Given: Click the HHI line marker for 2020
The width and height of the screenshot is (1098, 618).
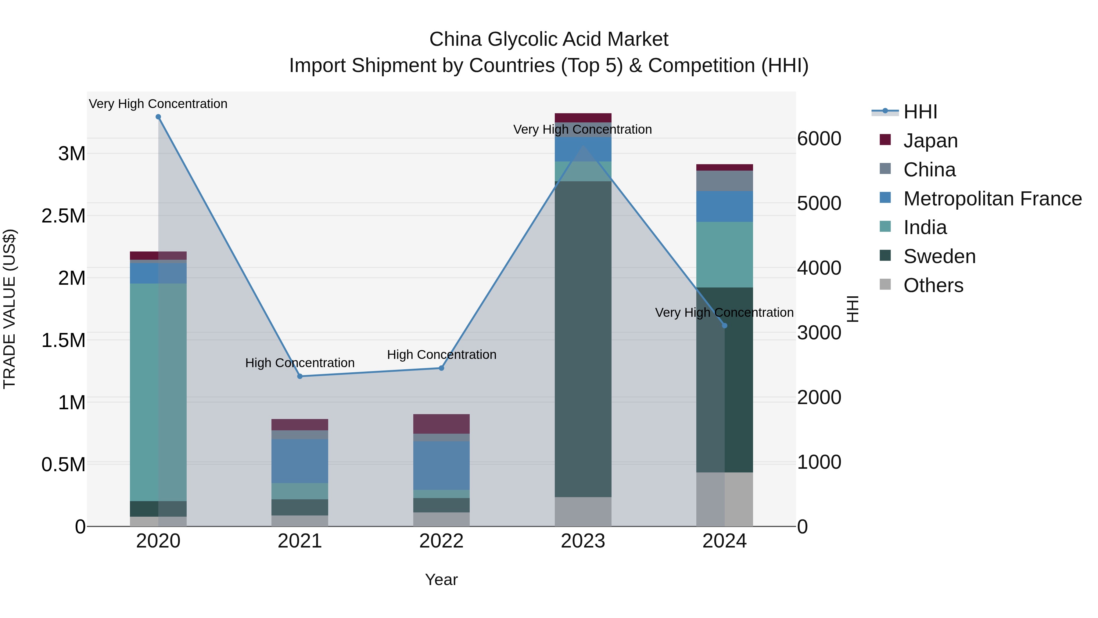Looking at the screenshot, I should (158, 117).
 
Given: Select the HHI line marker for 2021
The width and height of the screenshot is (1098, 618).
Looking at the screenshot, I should (300, 376).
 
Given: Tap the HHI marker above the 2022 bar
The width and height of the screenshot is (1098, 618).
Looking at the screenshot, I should (442, 368).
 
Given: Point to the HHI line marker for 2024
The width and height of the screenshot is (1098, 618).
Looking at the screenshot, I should (725, 325).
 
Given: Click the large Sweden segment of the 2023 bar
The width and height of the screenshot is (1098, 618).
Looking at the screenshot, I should (583, 339).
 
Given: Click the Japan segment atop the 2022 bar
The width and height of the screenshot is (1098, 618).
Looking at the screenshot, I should (442, 424).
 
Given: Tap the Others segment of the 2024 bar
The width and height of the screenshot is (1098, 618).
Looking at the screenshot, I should (725, 499).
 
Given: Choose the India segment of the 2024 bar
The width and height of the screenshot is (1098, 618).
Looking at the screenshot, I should (725, 255).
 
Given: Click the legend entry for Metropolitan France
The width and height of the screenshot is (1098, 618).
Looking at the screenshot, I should (992, 199).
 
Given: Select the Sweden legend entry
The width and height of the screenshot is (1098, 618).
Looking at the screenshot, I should (939, 256).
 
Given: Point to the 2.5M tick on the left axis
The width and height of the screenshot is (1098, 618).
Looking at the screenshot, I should (63, 216).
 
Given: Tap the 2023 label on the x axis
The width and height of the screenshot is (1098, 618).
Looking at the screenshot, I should (583, 541).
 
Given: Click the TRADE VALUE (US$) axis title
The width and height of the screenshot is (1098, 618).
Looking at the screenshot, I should (10, 309).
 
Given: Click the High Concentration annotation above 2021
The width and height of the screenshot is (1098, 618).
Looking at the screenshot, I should (300, 363).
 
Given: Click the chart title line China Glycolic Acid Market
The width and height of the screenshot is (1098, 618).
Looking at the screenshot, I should (549, 39).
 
